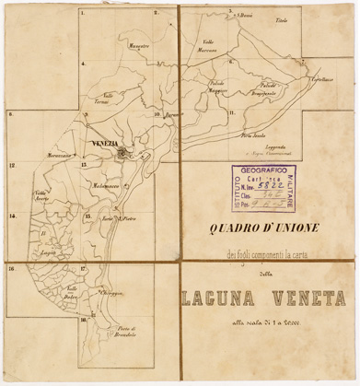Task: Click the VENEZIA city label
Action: click(x=108, y=146)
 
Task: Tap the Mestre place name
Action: click(x=140, y=44)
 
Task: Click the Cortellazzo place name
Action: click(x=321, y=80)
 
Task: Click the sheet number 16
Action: click(x=12, y=269)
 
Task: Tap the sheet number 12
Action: click(x=12, y=166)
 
